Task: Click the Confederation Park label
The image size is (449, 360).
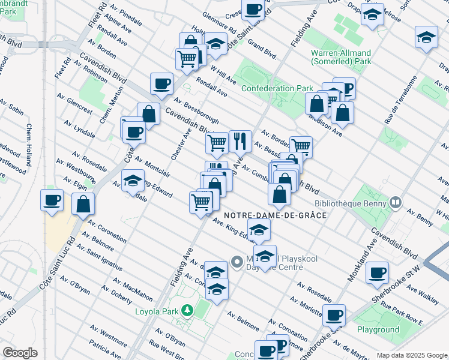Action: pos(277,88)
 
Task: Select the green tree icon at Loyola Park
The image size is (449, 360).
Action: pos(188,310)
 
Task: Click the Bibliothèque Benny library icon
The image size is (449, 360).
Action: pos(395,202)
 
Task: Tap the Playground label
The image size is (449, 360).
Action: pos(378,329)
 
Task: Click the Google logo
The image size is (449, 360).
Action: pos(20,353)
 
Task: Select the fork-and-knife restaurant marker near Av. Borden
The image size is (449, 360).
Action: pos(240,141)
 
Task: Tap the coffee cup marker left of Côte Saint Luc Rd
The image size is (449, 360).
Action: pos(52,200)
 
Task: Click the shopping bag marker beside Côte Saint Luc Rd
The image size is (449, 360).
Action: pos(83,205)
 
